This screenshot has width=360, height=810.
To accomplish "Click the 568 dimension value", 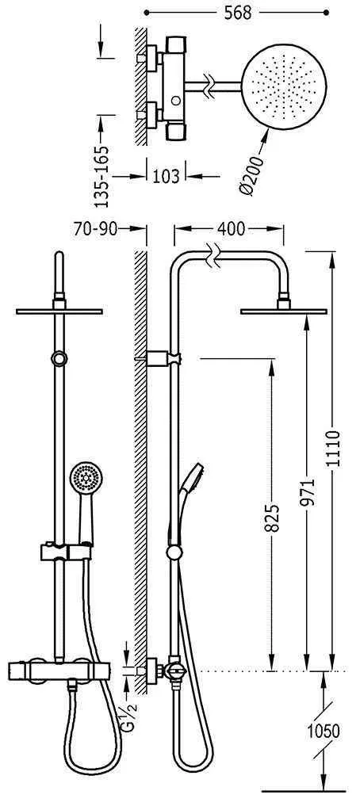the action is (237, 13).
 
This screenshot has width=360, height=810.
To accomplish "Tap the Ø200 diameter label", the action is (251, 176).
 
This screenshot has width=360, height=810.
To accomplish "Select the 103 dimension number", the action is (167, 176).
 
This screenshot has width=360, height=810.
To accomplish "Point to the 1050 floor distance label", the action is (324, 731).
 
